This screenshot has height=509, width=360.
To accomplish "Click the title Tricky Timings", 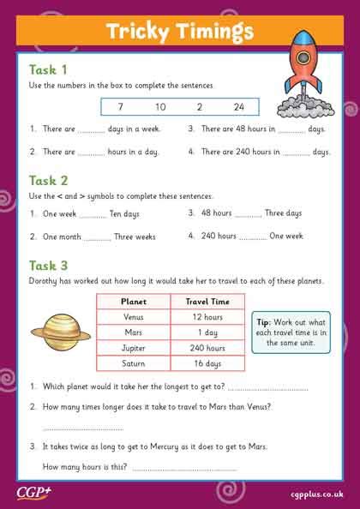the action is pyautogui.click(x=179, y=32).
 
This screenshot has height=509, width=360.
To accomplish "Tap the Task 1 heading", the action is pyautogui.click(x=48, y=69).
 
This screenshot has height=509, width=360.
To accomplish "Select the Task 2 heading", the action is pyautogui.click(x=49, y=180).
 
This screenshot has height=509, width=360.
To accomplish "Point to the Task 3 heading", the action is pyautogui.click(x=49, y=264).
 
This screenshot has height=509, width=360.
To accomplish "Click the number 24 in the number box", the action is pyautogui.click(x=239, y=107).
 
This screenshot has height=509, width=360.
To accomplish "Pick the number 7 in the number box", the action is pyautogui.click(x=122, y=107).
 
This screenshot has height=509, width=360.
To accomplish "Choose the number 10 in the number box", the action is pyautogui.click(x=160, y=107).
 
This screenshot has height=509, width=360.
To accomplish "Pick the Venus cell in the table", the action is pyautogui.click(x=135, y=318).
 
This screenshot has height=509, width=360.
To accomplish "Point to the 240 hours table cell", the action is pyautogui.click(x=208, y=349).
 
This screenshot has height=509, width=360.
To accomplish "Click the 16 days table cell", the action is pyautogui.click(x=208, y=364).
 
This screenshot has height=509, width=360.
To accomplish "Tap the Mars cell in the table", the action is pyautogui.click(x=135, y=333).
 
